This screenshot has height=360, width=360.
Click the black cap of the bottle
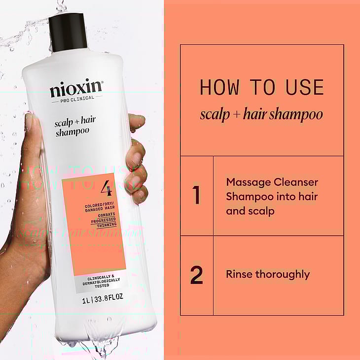68,33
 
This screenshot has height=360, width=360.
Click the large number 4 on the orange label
106,188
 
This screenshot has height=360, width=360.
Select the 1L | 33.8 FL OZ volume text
103,299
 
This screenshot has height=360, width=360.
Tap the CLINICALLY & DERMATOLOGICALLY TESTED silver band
101,282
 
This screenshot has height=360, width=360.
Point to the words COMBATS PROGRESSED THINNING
104,220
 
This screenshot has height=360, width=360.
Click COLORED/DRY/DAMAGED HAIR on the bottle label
100,207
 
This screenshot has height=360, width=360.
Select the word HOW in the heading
219,87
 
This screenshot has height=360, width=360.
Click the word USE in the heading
305,87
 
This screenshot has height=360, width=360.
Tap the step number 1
196,195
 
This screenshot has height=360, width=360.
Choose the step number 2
197,275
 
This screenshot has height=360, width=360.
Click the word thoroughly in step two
283,275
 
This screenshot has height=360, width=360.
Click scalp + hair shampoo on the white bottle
75,126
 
